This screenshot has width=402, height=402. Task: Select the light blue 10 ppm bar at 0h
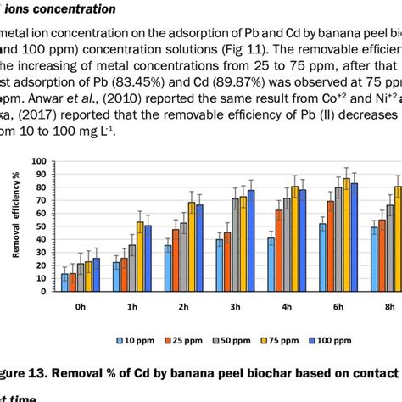click(64, 282)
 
